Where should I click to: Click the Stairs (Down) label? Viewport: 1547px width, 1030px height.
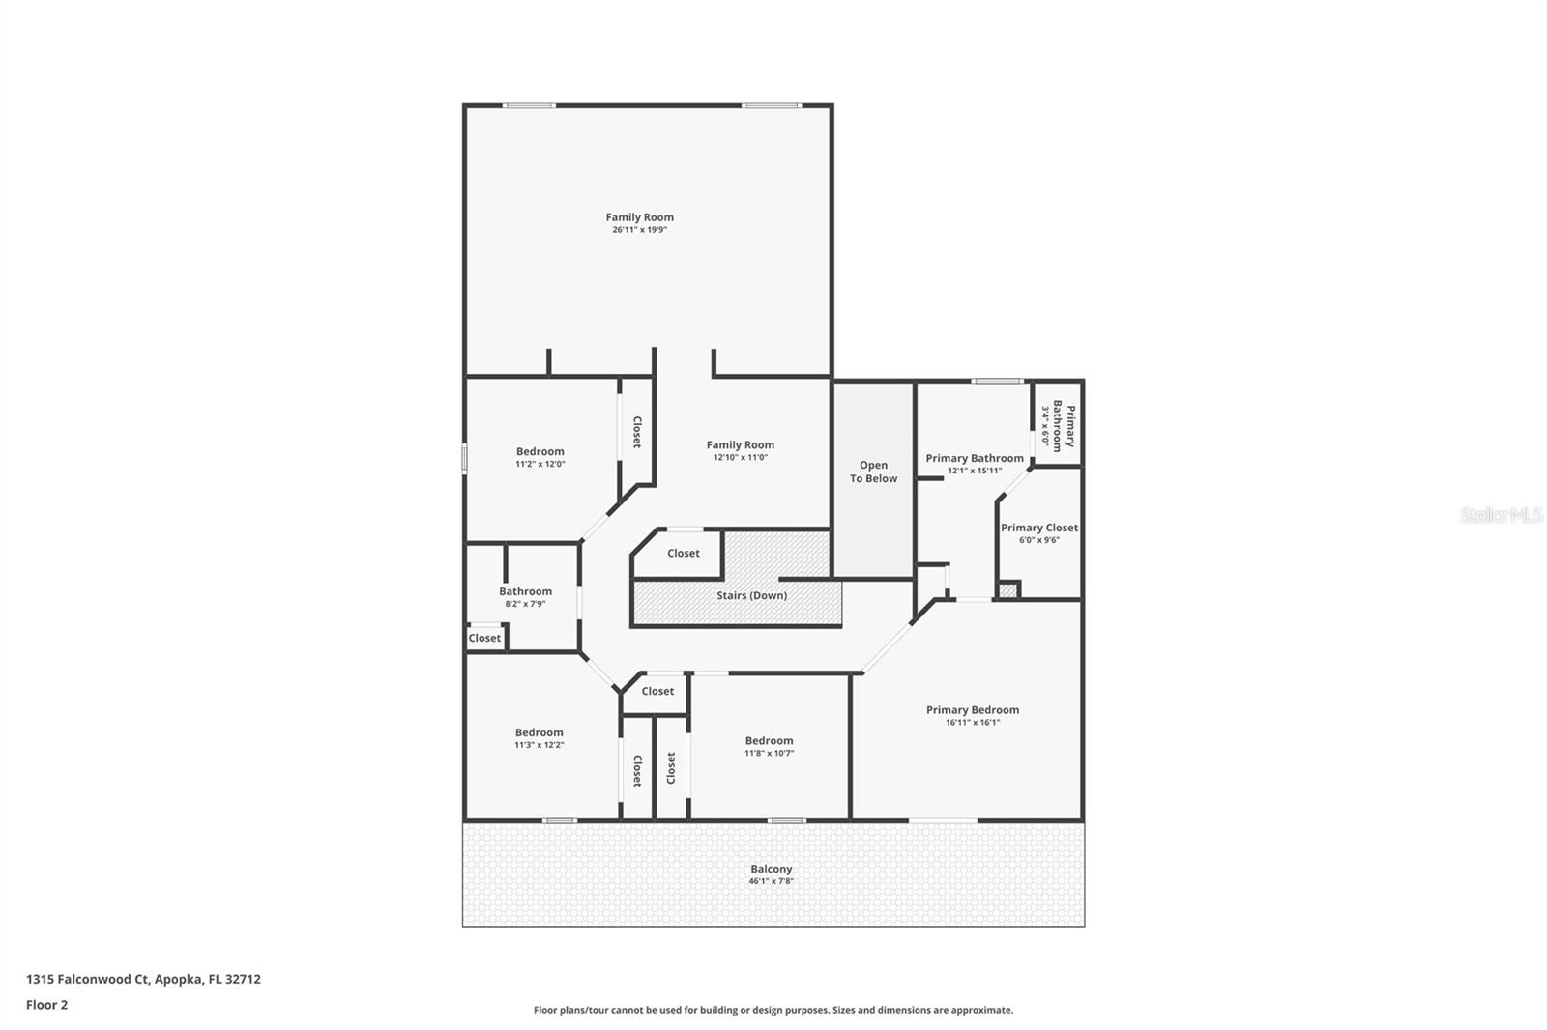(x=751, y=595)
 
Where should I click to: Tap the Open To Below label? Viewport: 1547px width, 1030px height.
(x=873, y=472)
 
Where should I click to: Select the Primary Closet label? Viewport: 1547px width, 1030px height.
(x=1038, y=528)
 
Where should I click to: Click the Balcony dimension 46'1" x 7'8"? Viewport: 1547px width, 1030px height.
(x=771, y=881)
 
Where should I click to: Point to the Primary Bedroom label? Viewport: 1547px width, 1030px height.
(x=972, y=709)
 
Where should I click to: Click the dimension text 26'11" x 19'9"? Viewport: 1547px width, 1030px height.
(x=639, y=230)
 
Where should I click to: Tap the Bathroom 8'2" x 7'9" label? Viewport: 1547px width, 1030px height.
(x=525, y=591)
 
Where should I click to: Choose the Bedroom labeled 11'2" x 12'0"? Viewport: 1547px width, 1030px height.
(x=540, y=451)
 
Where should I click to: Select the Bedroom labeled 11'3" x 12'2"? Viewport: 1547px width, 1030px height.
(x=539, y=732)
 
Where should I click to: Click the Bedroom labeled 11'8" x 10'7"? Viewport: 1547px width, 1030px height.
(x=769, y=740)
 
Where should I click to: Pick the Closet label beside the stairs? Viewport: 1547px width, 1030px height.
(x=683, y=553)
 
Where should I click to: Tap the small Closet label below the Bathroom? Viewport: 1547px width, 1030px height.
(x=484, y=638)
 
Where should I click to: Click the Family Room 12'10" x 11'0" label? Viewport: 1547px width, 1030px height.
(x=740, y=445)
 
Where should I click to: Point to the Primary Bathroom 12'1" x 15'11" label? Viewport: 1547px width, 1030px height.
(x=974, y=458)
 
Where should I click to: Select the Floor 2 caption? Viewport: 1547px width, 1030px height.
(x=46, y=1005)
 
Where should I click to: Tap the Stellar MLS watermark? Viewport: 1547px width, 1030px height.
(x=1501, y=515)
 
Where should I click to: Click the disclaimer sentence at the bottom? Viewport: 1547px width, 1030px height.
(x=773, y=1010)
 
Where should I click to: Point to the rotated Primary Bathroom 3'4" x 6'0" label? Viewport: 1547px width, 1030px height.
(x=1057, y=425)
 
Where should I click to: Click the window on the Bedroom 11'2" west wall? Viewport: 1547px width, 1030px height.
(x=465, y=458)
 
